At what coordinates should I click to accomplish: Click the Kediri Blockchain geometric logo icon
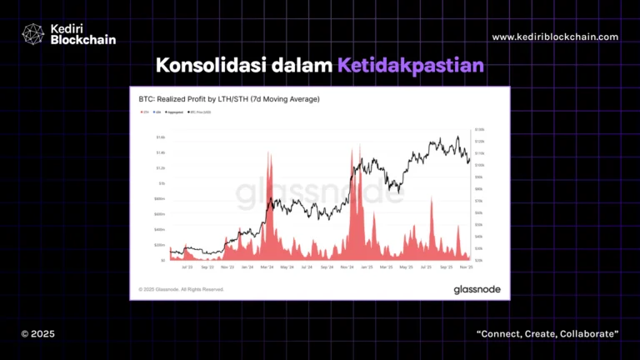(32, 33)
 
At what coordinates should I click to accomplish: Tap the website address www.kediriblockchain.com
(555, 37)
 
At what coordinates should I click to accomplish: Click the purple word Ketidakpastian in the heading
(411, 65)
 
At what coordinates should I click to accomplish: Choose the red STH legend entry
(146, 112)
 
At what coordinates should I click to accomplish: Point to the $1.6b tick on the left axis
(161, 137)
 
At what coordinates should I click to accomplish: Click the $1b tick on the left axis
(162, 183)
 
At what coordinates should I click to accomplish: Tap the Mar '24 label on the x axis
(266, 268)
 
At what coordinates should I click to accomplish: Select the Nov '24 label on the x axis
(348, 268)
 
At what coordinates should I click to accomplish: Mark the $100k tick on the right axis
(479, 165)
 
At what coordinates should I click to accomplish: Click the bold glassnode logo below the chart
(477, 289)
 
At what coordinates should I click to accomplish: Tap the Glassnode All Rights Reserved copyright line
(181, 289)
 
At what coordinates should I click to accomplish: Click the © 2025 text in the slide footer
(37, 333)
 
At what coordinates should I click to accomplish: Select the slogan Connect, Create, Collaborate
(547, 333)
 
